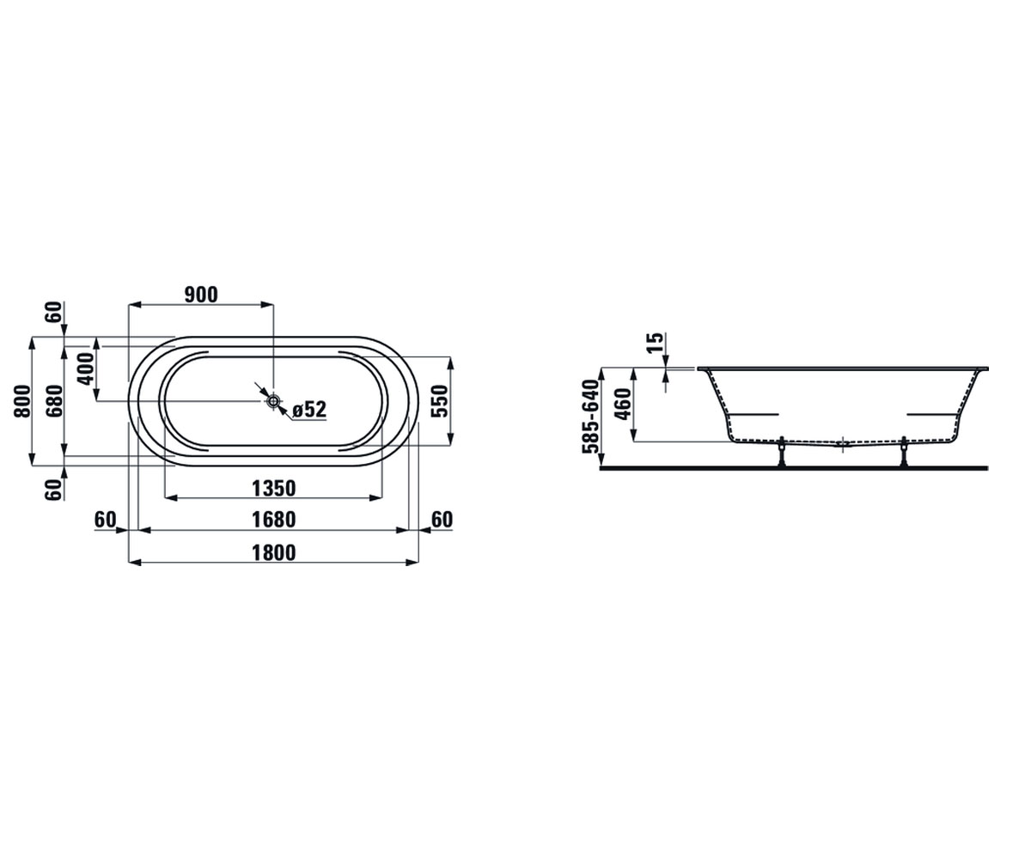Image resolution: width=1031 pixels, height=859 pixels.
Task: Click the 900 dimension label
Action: point(201,295)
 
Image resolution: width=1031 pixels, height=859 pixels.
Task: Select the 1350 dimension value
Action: point(273,489)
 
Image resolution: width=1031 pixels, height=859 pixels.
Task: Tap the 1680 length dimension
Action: point(273,520)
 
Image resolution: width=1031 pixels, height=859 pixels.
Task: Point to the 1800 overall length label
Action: point(273,552)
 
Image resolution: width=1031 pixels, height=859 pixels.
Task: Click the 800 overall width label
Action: point(22,401)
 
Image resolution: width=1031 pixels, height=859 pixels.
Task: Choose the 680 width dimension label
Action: point(54,401)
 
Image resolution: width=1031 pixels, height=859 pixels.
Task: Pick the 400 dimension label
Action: point(86,369)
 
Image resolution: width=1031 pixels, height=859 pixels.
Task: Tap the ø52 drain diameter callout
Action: point(309,409)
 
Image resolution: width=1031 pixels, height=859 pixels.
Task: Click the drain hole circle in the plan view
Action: point(273,401)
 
